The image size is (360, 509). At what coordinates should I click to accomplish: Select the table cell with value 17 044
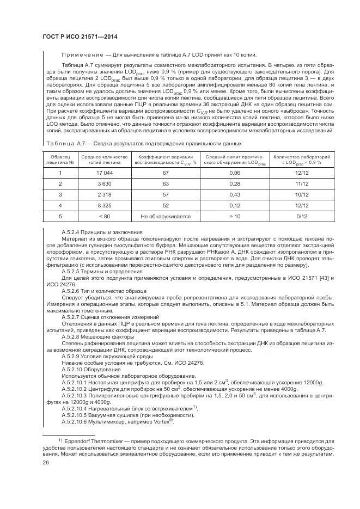point(104,173)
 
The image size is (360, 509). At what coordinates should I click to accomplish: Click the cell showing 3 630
point(104,183)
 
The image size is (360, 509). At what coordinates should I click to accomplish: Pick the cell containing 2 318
point(104,194)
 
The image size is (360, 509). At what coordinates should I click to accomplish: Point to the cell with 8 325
point(104,205)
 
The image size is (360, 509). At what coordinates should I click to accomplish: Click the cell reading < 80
point(104,216)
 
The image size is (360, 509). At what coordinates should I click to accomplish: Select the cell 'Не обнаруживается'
point(166,216)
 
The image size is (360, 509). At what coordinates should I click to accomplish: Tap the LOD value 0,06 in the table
point(235,173)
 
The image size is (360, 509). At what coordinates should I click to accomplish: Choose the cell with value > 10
point(235,216)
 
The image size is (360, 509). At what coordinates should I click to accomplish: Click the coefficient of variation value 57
point(166,194)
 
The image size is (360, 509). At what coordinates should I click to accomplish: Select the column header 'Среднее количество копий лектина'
point(104,159)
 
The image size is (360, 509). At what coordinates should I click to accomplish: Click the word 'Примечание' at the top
point(81,55)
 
